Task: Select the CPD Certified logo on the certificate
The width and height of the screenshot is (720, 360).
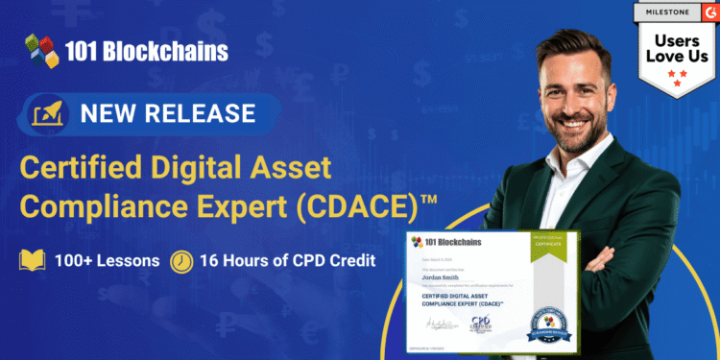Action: point(478,324)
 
